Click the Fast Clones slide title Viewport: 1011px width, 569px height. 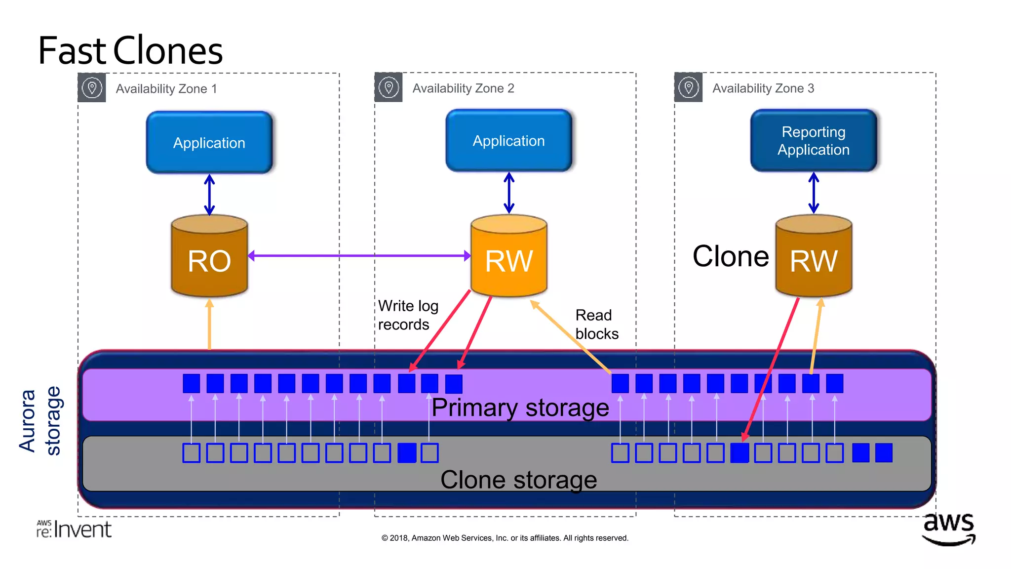click(x=130, y=51)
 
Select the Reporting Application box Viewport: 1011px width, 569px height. click(x=813, y=141)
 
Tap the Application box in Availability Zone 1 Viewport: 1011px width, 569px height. click(x=209, y=143)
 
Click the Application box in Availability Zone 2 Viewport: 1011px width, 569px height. click(x=508, y=141)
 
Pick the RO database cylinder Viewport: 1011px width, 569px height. click(x=209, y=257)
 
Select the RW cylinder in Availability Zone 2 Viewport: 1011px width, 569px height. click(x=508, y=257)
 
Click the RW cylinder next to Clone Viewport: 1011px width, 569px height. click(x=813, y=257)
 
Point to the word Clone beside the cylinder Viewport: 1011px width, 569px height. click(x=730, y=256)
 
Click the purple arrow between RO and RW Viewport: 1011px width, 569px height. click(x=359, y=255)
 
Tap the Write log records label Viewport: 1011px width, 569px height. click(x=408, y=315)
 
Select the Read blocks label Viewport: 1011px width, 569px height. click(x=596, y=325)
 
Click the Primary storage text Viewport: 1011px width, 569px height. click(x=520, y=408)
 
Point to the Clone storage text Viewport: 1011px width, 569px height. click(x=518, y=480)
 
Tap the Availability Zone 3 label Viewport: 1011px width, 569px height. click(x=763, y=88)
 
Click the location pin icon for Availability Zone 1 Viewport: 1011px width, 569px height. click(x=92, y=88)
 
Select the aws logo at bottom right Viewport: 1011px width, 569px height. click(x=949, y=528)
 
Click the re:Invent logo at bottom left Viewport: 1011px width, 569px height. click(x=74, y=529)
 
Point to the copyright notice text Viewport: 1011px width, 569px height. click(x=505, y=538)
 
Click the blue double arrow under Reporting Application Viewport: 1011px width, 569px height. click(x=814, y=193)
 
